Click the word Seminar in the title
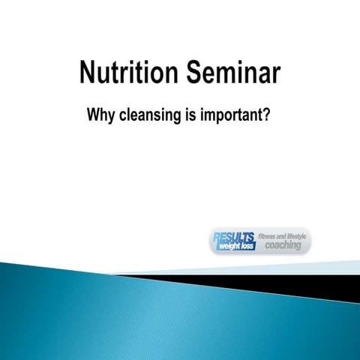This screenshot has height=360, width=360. [233, 74]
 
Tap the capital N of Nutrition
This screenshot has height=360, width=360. [88, 74]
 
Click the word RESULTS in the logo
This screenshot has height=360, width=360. [233, 235]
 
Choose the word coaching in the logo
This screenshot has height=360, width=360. [283, 245]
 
